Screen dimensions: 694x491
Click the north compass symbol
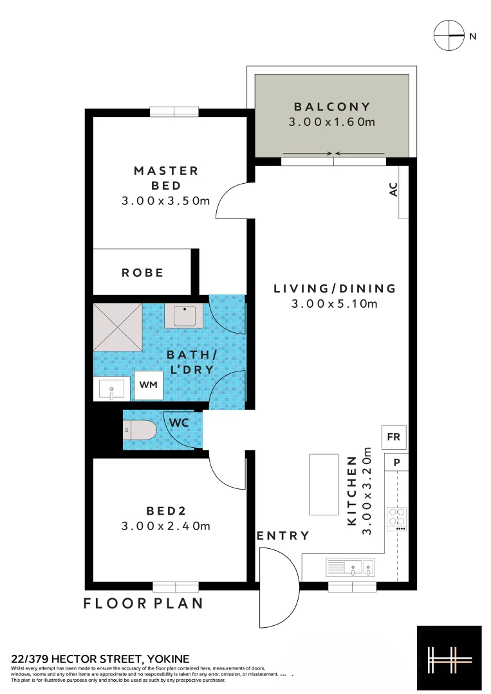pos(449,36)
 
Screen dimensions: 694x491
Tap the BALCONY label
pos(332,107)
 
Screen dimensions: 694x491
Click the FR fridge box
pos(394,438)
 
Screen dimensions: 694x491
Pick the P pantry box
pos(396,461)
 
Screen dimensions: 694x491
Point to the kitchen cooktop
pos(396,518)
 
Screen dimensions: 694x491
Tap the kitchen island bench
pos(323,484)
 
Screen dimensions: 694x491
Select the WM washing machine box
pos(149,384)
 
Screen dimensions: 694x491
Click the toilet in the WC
pos(140,429)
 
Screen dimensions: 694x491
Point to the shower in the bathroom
pos(117,327)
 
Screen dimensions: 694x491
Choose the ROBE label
pos(143,273)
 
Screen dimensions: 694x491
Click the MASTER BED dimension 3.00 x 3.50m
pos(166,201)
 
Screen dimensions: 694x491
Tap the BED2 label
pos(166,512)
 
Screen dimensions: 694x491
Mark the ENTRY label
pos(283,535)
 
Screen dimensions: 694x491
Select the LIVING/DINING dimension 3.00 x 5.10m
pos(335,304)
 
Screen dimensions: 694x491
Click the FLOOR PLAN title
pos(144,603)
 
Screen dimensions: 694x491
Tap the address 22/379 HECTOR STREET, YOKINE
pos(100,659)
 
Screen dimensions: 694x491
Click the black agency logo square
pos(449,658)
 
